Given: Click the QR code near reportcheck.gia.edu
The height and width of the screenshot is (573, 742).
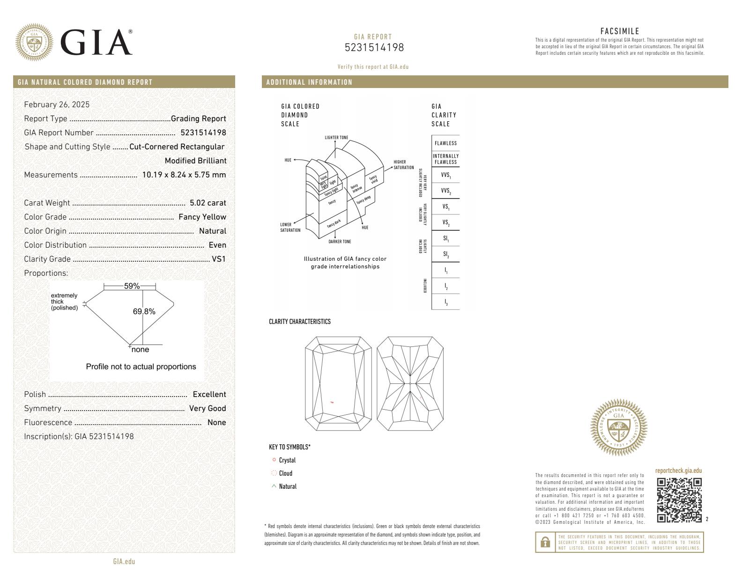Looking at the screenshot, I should (679, 500).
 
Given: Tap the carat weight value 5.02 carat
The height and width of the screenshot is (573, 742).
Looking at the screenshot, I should (208, 203).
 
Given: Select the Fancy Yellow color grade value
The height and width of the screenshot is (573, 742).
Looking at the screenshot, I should (202, 217).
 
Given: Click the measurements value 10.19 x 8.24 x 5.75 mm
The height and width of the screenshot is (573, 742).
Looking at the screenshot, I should (184, 175).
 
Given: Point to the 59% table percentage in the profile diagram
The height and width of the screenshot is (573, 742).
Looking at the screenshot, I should (132, 286).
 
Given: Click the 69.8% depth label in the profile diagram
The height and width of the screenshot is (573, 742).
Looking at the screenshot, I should (144, 311).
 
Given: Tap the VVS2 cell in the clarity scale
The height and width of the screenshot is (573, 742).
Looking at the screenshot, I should (445, 191).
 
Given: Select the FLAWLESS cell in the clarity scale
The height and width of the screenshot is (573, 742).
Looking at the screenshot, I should (445, 143).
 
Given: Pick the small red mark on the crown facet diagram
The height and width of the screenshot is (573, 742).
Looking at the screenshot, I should (332, 402).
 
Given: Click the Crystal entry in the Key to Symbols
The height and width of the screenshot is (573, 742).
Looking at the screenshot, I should (287, 460).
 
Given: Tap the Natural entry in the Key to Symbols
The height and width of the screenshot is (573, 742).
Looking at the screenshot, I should (287, 486).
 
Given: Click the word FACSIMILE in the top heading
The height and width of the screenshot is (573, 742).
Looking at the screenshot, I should (619, 31).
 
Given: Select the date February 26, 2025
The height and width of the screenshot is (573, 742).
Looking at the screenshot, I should (57, 104).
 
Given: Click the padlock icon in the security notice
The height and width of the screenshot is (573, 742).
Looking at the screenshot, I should (545, 542).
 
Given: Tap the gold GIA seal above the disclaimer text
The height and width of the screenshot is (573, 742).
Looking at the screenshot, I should (619, 427).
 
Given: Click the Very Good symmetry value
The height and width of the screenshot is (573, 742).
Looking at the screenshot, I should (207, 408).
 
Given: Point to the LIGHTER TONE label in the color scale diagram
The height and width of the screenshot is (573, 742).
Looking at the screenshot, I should (336, 138).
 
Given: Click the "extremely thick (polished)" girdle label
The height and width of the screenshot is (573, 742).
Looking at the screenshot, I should (65, 301).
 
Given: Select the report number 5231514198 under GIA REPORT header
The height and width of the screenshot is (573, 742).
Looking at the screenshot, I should (374, 48).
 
